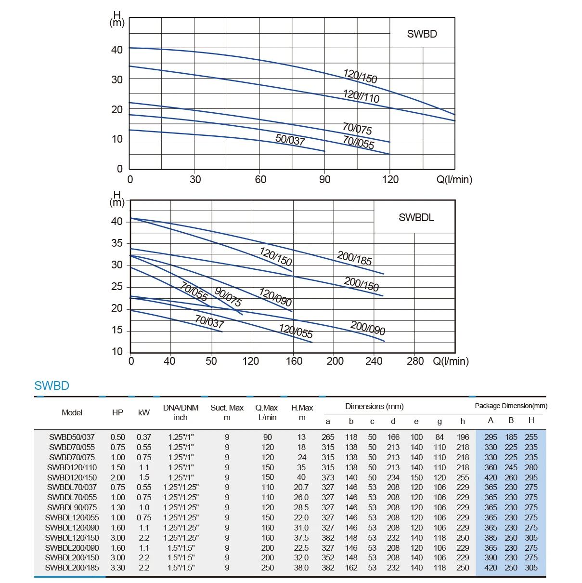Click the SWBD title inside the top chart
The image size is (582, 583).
tap(422, 34)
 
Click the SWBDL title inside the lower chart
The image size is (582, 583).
tap(416, 217)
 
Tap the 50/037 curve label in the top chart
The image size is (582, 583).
tap(290, 140)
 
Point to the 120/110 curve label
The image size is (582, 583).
tap(361, 96)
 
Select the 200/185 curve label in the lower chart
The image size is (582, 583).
tap(354, 258)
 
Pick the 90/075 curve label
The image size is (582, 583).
tap(228, 296)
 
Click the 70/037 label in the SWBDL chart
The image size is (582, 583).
tap(209, 321)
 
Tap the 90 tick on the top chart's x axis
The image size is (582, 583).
tap(325, 180)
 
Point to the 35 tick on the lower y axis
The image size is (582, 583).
tap(117, 243)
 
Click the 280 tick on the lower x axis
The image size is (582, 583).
tap(415, 361)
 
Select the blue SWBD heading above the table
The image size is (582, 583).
tap(52, 385)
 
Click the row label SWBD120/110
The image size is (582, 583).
tap(72, 467)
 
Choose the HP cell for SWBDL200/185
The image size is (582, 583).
tap(118, 568)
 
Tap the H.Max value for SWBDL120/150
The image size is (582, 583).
tap(301, 538)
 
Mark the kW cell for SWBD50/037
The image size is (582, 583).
tap(143, 437)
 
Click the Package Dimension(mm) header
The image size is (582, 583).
tap(511, 406)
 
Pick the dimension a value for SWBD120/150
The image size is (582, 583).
tap(328, 477)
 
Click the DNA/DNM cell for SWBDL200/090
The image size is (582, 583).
tap(181, 548)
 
